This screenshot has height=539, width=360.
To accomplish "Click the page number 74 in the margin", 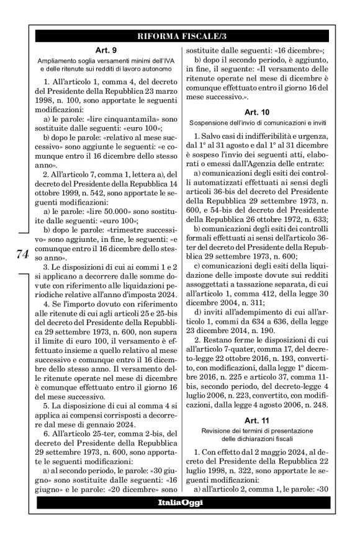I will point(21,254).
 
